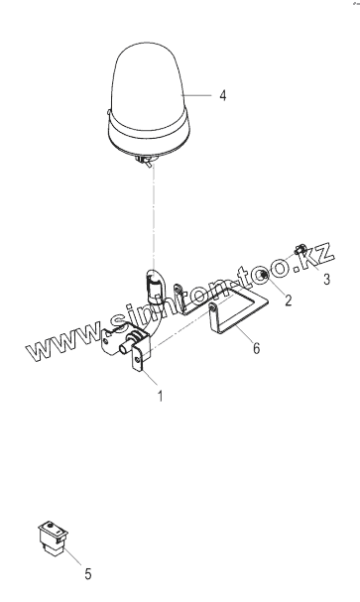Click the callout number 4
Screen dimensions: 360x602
[x=222, y=95]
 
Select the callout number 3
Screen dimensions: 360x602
[x=326, y=279]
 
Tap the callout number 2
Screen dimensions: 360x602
[x=289, y=301]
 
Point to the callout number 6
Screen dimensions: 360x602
[x=256, y=348]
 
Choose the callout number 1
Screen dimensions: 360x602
[x=161, y=396]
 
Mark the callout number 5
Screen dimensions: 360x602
[x=88, y=575]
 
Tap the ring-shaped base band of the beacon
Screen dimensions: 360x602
[x=149, y=134]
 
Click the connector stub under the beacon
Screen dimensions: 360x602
[x=146, y=162]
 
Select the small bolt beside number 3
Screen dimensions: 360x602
[x=300, y=250]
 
